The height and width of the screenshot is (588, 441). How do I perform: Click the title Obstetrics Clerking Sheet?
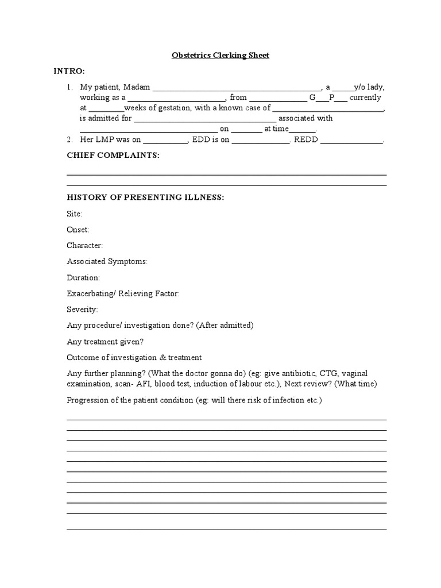[220, 56]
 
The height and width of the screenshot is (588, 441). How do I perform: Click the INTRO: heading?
[69, 71]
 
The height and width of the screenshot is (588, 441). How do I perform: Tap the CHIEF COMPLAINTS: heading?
[113, 156]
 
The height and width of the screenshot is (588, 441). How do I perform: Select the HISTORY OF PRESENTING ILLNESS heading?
[145, 198]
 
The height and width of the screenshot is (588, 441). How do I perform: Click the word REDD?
[306, 140]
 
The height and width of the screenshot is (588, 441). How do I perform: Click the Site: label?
[75, 214]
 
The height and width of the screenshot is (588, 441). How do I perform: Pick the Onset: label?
[78, 230]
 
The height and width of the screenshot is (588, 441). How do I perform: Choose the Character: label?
[84, 245]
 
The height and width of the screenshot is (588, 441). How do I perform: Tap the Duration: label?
[83, 277]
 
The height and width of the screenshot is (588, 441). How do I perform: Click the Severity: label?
[82, 310]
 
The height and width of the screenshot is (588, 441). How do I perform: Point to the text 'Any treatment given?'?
[105, 341]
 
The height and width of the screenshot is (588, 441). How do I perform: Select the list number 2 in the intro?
[69, 140]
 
